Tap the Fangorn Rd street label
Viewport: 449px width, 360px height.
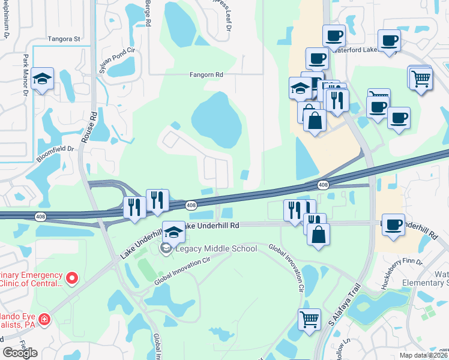[206, 74]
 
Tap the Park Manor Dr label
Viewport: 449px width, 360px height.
[26, 75]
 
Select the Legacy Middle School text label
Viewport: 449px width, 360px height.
[215, 248]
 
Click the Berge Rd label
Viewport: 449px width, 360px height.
[148, 12]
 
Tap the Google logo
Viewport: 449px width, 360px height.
[20, 352]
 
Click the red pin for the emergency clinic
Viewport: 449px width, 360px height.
[72, 278]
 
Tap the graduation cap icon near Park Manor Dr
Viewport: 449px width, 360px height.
[42, 79]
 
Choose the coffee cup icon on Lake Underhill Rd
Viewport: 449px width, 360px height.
[393, 225]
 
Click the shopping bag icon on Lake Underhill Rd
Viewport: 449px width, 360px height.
[319, 234]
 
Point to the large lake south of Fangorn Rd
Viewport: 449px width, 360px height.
[217, 119]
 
